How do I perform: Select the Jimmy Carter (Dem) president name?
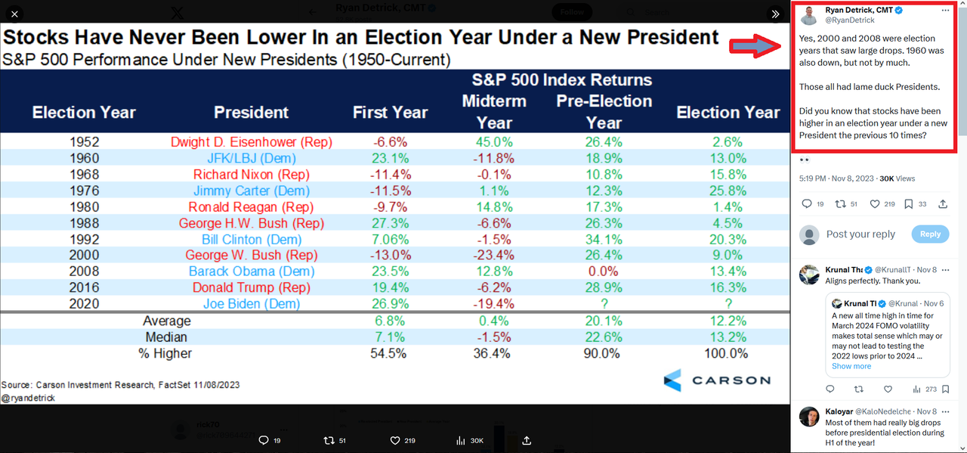coord(251,191)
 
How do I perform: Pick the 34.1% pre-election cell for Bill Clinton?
coord(603,239)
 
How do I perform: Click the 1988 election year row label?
coord(83,223)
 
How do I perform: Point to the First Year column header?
coord(390,113)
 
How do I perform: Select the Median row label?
coord(167,337)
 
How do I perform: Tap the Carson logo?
coord(717,380)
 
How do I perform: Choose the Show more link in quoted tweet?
coord(851,366)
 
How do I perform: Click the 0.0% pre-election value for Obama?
coord(603,271)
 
